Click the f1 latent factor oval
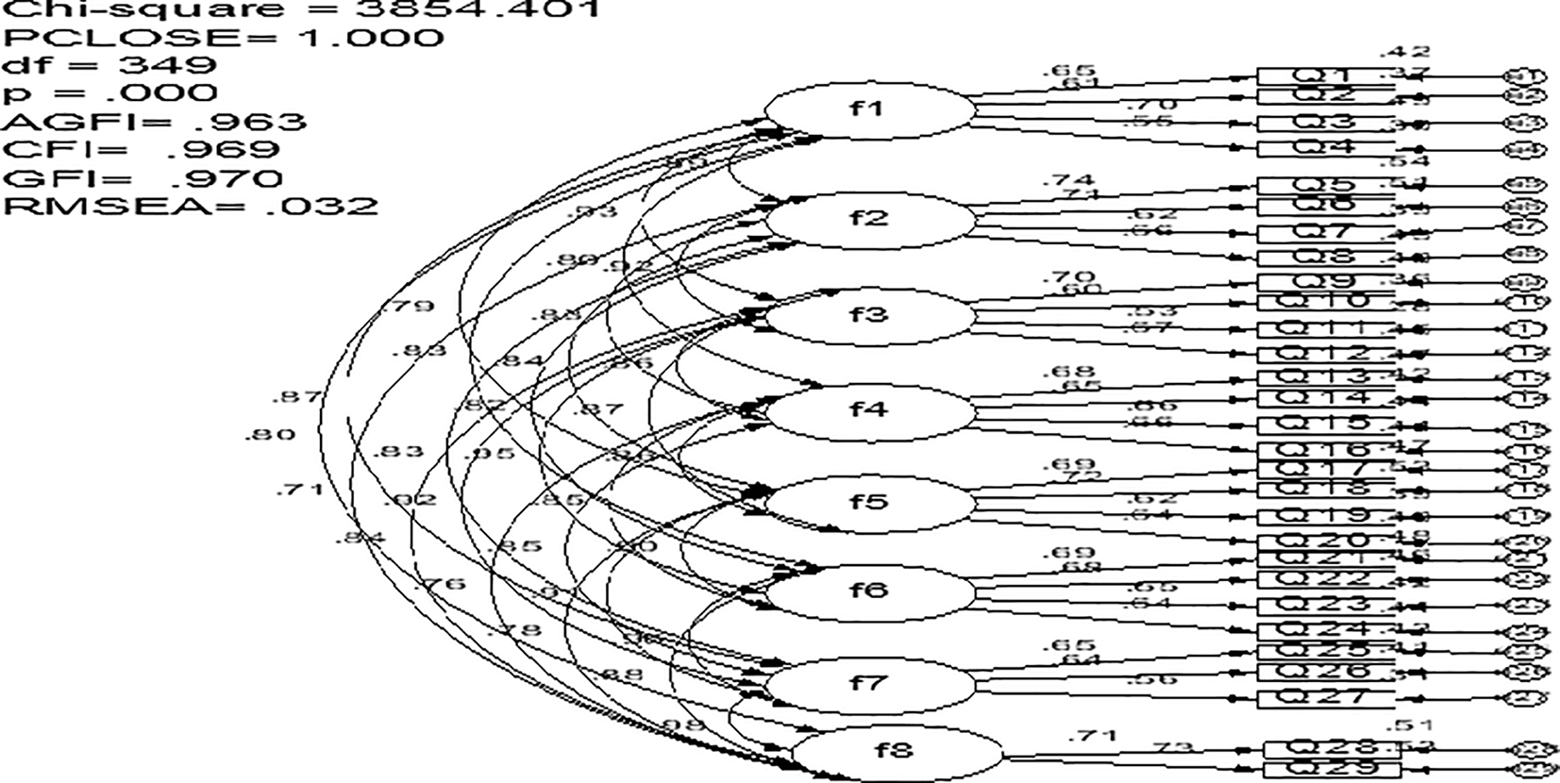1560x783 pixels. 868,109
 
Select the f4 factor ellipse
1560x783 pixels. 868,409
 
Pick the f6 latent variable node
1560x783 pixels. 868,591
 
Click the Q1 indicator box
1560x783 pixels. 1326,75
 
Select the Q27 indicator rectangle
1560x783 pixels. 1326,698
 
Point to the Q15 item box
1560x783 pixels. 1326,425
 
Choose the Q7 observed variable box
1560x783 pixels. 1326,231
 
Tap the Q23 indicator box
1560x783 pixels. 1326,604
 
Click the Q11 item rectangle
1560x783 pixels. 1326,329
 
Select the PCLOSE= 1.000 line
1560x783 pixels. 223,38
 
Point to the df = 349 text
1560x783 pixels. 109,65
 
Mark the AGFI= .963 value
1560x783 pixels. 155,122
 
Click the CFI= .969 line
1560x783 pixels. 142,149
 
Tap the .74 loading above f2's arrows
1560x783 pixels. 1069,180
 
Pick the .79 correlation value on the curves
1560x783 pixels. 407,307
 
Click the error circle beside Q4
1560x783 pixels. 1527,149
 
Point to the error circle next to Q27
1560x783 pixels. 1527,698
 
